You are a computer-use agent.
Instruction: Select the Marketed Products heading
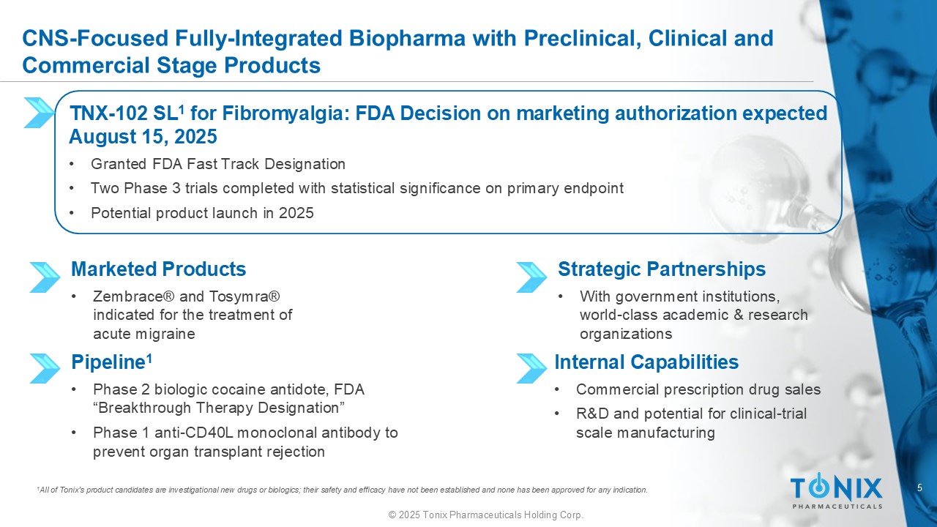point(159,269)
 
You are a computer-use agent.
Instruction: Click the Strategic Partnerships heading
point(662,269)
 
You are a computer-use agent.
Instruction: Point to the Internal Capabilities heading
point(646,362)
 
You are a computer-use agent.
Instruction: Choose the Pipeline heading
point(111,362)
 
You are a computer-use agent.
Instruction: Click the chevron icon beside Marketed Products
point(45,277)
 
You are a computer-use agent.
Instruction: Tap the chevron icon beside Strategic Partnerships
point(531,277)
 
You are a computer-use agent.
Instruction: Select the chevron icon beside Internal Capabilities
point(531,368)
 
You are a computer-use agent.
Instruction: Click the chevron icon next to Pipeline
point(45,368)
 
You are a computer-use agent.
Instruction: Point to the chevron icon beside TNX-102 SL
point(40,113)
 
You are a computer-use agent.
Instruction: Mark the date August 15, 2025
point(143,137)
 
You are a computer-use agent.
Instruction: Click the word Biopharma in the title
point(407,39)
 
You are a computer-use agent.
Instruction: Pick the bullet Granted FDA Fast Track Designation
point(218,164)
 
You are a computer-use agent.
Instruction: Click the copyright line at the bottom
point(486,515)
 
